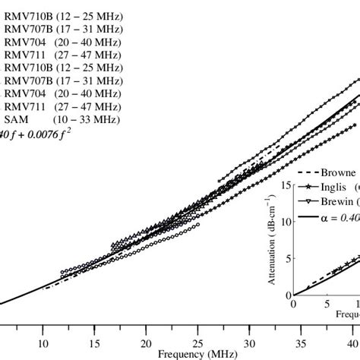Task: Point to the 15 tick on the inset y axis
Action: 287,185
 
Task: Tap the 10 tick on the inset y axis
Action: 287,221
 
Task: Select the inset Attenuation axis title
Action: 272,240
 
